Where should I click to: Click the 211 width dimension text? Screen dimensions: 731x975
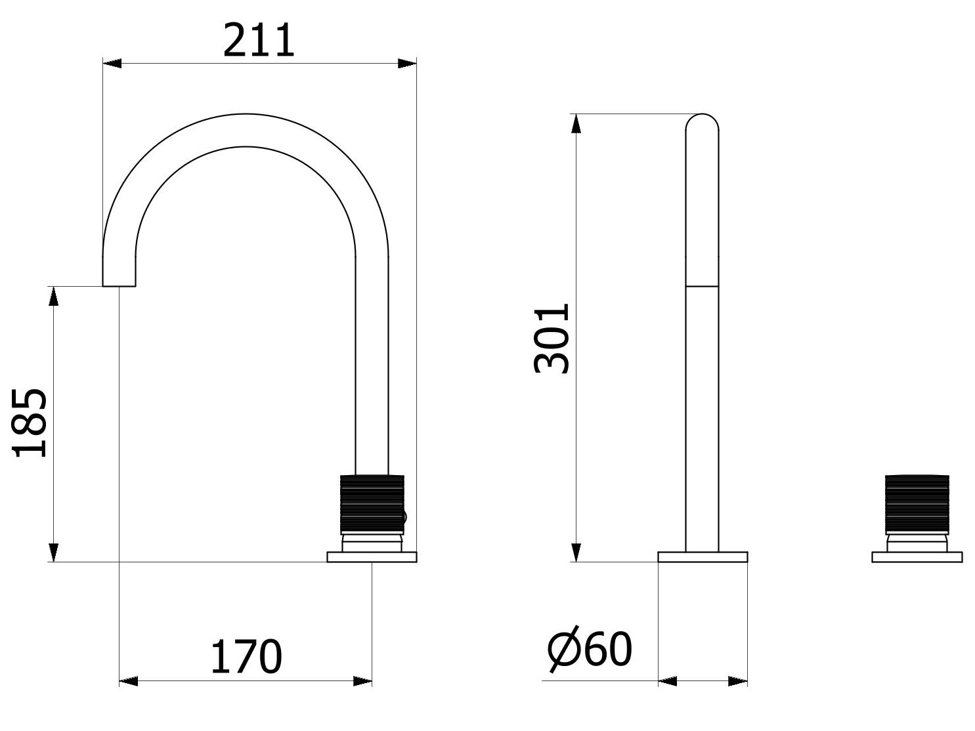point(259,41)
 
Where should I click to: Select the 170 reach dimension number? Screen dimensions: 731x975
point(246,656)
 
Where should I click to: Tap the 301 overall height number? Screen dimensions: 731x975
point(550,339)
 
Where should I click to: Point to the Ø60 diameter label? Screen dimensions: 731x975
point(589,650)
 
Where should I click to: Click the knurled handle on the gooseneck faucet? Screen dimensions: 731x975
point(371,503)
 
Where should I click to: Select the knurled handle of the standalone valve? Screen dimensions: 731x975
point(917,503)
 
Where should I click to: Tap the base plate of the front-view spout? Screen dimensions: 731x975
point(703,557)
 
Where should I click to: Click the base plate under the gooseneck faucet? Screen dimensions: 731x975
point(372,557)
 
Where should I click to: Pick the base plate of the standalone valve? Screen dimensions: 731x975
point(917,557)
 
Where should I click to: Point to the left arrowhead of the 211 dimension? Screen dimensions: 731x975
point(112,64)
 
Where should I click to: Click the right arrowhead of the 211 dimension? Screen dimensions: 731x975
point(408,64)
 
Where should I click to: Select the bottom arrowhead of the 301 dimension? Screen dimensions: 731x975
point(575,553)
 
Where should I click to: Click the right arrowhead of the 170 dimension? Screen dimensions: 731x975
point(363,682)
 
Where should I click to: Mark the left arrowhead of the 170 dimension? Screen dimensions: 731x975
point(128,682)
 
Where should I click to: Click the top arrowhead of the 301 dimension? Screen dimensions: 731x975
point(575,123)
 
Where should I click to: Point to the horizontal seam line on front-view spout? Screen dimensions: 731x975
point(702,286)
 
